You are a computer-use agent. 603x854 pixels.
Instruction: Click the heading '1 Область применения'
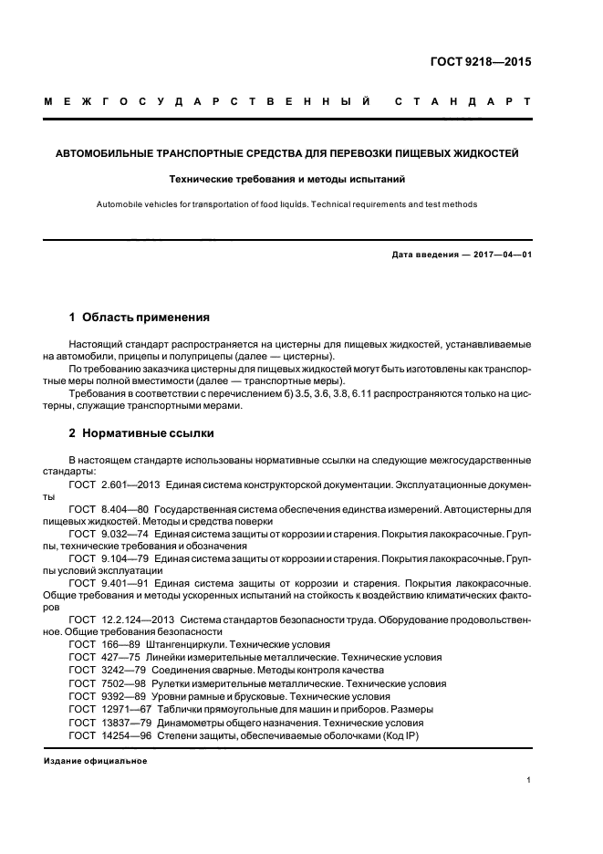(x=140, y=318)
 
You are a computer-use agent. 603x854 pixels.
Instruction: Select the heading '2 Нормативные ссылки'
(x=142, y=432)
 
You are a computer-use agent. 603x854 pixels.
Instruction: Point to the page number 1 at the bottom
(x=529, y=780)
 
